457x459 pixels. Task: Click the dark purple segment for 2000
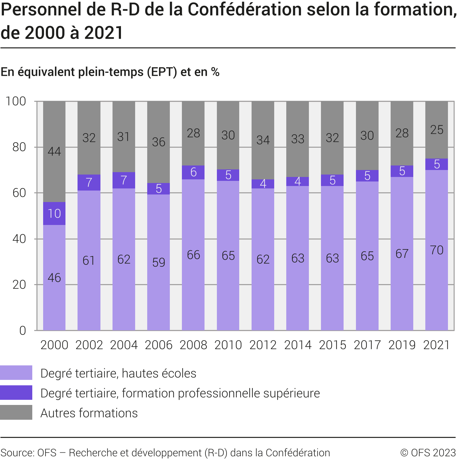click(54, 213)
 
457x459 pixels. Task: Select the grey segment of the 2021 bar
click(436, 130)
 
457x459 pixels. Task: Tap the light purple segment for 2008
click(193, 255)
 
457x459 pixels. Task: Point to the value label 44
click(54, 151)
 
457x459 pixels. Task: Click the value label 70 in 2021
click(436, 250)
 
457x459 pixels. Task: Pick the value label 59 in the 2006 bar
click(159, 262)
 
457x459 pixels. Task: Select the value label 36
click(159, 142)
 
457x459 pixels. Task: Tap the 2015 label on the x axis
click(332, 345)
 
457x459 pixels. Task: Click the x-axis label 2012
click(263, 345)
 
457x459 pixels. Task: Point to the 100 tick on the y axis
click(16, 101)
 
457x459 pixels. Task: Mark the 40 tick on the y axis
click(19, 239)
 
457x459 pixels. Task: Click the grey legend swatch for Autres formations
click(16, 412)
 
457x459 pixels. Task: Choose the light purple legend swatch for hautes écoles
click(16, 373)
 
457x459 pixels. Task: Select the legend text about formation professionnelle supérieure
click(180, 393)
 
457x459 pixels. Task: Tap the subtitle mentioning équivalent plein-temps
click(110, 72)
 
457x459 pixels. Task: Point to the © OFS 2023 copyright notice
click(428, 453)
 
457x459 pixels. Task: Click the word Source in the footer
click(17, 453)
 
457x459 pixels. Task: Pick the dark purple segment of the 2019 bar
click(402, 171)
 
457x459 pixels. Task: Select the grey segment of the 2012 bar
click(263, 140)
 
